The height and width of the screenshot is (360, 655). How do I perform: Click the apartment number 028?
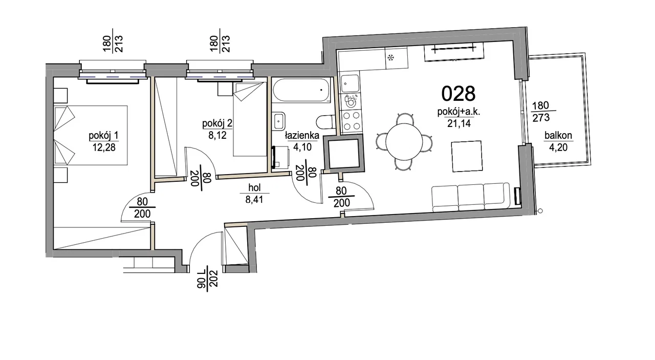pos(458,94)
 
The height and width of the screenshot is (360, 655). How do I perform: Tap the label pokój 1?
pos(103,136)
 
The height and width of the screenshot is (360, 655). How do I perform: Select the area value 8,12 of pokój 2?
pos(217,135)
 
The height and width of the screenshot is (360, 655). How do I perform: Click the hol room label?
pos(254,187)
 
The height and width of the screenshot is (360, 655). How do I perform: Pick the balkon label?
pos(558,136)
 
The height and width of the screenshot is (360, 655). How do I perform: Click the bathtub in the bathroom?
pos(301,90)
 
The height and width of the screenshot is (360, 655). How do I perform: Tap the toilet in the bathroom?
pos(326,121)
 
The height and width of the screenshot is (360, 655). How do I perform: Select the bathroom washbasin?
pos(279,121)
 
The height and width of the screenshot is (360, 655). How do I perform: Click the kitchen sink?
pos(350,84)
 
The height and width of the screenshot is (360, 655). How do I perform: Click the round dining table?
pos(404,141)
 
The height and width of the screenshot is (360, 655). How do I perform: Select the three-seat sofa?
pos(471,198)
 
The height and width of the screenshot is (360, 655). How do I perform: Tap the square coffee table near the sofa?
pos(467,156)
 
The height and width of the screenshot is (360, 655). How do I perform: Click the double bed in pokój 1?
pos(91,135)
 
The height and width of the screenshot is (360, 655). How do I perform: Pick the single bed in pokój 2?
pos(250,119)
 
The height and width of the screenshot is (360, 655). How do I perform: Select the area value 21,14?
pos(459,123)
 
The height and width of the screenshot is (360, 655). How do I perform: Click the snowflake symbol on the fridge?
pos(390,57)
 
